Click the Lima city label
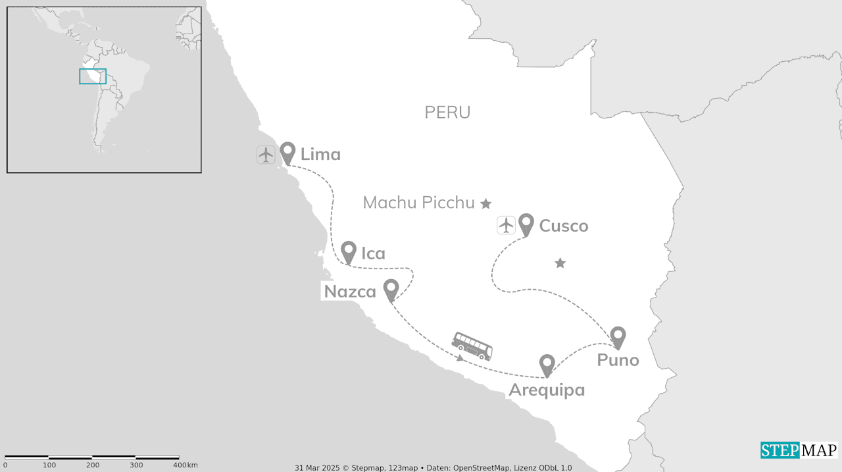(320, 155)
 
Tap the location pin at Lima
(287, 153)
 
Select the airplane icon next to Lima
(266, 155)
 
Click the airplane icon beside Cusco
(506, 225)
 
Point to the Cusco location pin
(526, 224)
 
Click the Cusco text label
(564, 226)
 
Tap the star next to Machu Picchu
(485, 204)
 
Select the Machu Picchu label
(418, 203)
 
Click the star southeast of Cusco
(560, 263)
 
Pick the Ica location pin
(349, 251)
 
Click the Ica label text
(373, 253)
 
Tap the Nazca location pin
(391, 289)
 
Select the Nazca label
(350, 292)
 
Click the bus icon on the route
(472, 346)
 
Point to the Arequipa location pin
(547, 364)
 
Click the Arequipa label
(547, 390)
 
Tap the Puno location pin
(618, 336)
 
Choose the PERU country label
(447, 113)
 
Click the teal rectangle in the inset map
(93, 76)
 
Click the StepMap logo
(799, 450)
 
